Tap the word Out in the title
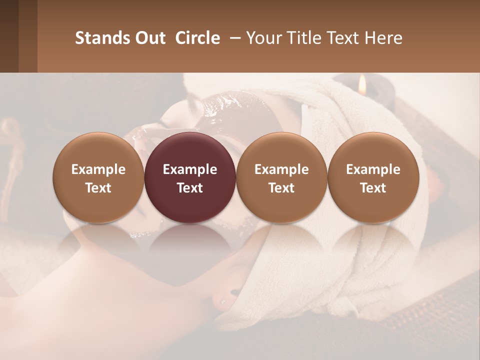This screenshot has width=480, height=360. (x=148, y=38)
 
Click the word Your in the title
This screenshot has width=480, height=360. (x=263, y=38)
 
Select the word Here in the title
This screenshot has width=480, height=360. (x=384, y=38)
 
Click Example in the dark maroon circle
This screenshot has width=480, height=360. (x=190, y=169)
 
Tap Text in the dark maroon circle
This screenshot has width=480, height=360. (x=190, y=188)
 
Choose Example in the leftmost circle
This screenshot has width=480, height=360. (x=98, y=169)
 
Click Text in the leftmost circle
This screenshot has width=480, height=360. (x=98, y=188)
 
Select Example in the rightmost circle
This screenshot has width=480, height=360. (x=373, y=169)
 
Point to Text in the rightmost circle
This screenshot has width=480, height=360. (x=373, y=188)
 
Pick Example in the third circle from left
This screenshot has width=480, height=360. (x=281, y=169)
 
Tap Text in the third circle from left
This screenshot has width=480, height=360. (x=281, y=188)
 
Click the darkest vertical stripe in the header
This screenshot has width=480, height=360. (x=9, y=36)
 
